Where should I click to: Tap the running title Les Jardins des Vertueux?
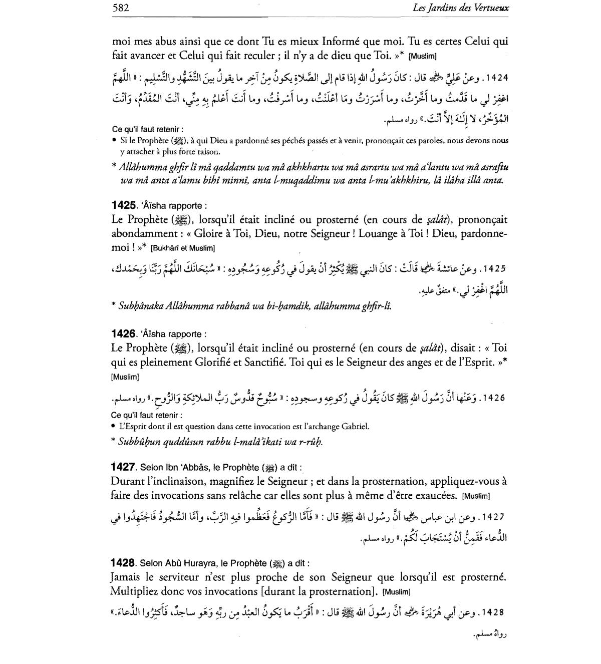click(x=461, y=8)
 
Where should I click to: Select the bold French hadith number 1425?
click(x=123, y=205)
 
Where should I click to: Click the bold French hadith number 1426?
click(x=123, y=334)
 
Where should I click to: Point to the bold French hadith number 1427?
click(x=123, y=467)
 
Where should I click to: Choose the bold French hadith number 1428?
click(x=123, y=563)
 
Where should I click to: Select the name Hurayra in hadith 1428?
click(x=184, y=563)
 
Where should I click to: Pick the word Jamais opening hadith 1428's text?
click(x=126, y=577)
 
